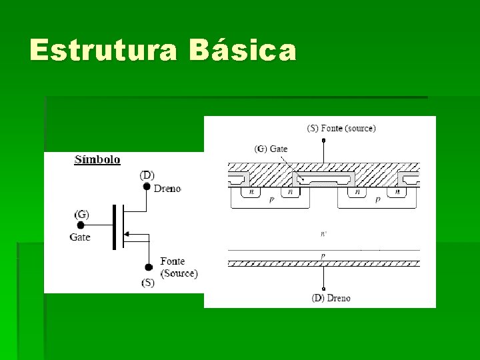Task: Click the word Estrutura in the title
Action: click(x=103, y=51)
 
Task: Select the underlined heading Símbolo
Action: click(x=97, y=159)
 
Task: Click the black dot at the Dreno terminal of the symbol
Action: click(x=147, y=187)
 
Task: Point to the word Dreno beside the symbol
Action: click(x=167, y=189)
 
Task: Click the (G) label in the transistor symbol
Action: click(x=82, y=215)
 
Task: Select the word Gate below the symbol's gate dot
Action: click(x=80, y=237)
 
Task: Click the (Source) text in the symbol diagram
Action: click(x=179, y=273)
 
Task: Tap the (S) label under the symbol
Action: click(x=147, y=283)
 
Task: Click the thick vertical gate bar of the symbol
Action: click(x=114, y=227)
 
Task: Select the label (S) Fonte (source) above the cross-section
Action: click(x=341, y=128)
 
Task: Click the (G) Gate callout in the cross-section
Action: click(x=271, y=149)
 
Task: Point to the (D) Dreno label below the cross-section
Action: click(x=331, y=298)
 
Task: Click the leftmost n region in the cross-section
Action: click(x=251, y=192)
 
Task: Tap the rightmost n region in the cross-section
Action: click(x=397, y=192)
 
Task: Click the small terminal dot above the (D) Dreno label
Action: click(x=323, y=287)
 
